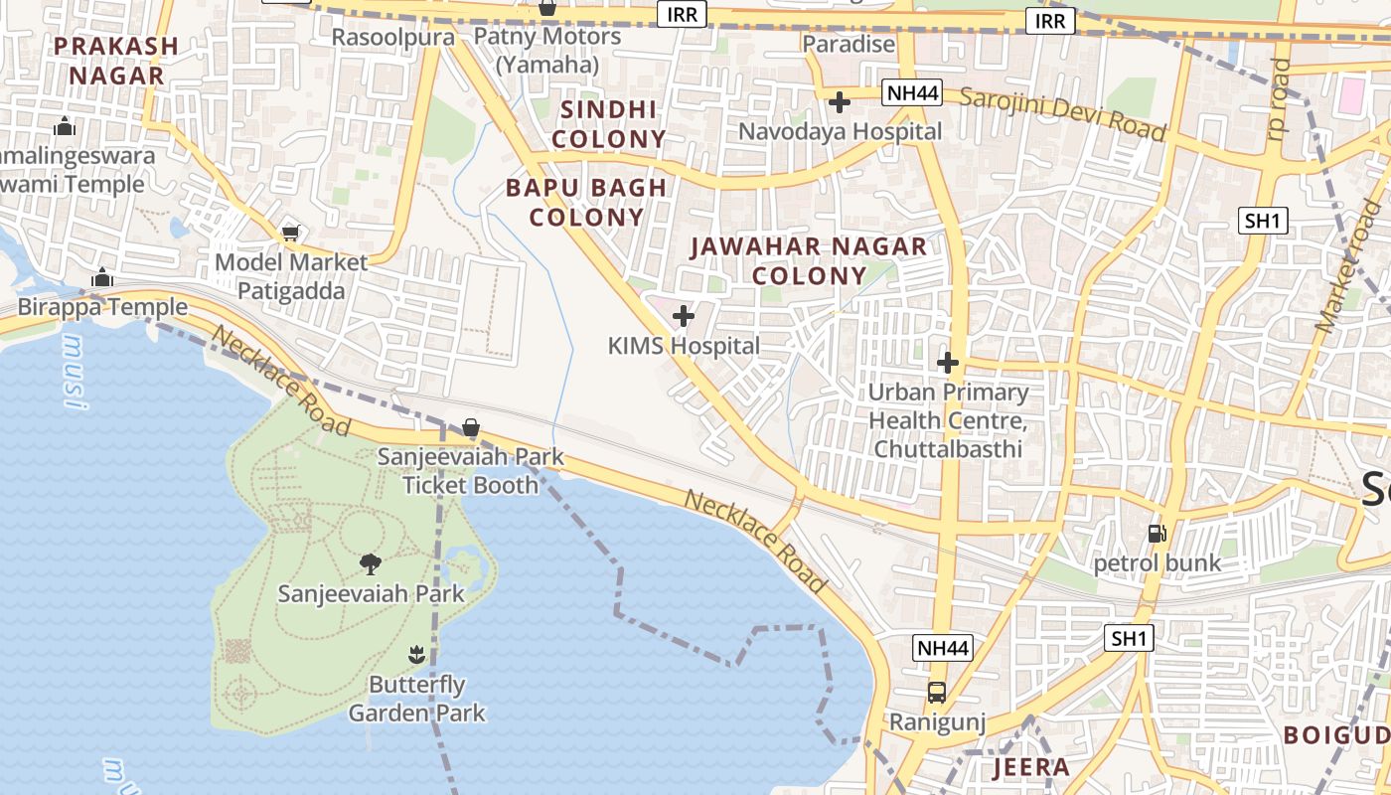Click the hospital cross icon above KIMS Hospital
684,317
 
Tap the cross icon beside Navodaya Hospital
840,101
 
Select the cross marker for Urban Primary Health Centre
948,362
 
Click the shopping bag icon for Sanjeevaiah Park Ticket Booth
471,428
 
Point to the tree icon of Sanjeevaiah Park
371,564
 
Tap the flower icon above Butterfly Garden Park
416,654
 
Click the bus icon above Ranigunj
936,693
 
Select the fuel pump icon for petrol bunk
1157,534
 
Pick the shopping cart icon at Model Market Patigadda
290,233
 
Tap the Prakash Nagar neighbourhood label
116,60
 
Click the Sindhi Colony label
609,124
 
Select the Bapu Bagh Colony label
586,202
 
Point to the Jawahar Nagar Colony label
809,260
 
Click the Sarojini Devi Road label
1062,113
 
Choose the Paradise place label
849,44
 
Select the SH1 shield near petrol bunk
1129,638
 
